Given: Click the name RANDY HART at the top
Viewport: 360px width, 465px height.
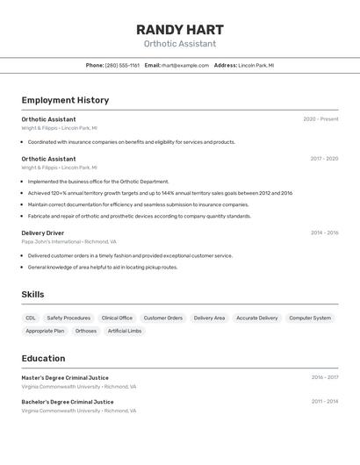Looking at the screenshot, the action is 180,29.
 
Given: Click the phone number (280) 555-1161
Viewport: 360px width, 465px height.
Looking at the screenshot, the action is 122,65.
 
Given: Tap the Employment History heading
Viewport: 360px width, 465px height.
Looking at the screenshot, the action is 65,100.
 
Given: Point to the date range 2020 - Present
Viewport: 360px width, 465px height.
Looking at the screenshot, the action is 320,119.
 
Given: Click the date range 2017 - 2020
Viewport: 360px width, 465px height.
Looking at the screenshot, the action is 324,159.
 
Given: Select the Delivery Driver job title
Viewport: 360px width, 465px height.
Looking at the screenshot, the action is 43,232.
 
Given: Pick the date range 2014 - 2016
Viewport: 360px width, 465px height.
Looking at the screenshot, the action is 324,232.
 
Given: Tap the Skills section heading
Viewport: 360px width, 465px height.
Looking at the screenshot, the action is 32,295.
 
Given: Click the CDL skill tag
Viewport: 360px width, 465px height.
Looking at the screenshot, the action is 31,318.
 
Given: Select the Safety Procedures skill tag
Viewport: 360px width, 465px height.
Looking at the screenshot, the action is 68,318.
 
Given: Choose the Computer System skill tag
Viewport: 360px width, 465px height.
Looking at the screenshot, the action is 310,318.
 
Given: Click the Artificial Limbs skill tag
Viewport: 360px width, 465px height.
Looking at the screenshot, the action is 124,331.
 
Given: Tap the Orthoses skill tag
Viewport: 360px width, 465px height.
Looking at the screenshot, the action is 86,331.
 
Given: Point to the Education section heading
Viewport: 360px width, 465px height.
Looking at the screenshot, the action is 43,358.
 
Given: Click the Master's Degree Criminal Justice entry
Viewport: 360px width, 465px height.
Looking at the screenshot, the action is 65,377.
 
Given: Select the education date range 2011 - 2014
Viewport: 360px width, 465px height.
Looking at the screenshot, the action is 324,401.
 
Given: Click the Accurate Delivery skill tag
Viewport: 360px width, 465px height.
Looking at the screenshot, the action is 256,318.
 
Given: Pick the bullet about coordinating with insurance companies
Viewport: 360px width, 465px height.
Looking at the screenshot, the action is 131,141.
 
